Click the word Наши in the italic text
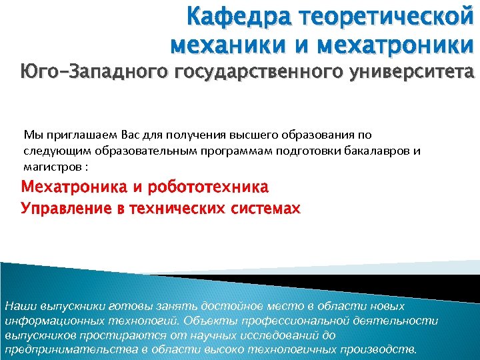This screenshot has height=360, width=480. (x=18, y=306)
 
